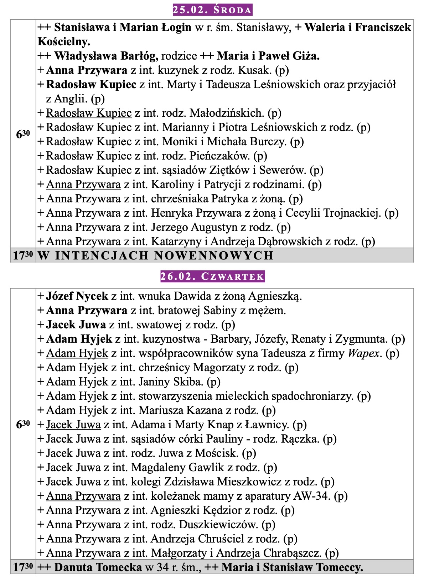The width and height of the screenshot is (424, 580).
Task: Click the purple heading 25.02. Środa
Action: (212, 10)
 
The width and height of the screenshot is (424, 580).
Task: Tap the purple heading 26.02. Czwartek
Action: (212, 276)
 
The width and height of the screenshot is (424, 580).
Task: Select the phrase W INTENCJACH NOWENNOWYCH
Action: (155, 256)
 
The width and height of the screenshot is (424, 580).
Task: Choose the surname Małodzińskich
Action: (227, 113)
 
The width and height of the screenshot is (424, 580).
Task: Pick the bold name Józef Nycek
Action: (77, 296)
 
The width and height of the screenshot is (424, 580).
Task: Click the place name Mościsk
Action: (217, 453)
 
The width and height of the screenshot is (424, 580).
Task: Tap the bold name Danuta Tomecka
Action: (98, 568)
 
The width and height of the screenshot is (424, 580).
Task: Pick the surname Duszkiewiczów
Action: (218, 525)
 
